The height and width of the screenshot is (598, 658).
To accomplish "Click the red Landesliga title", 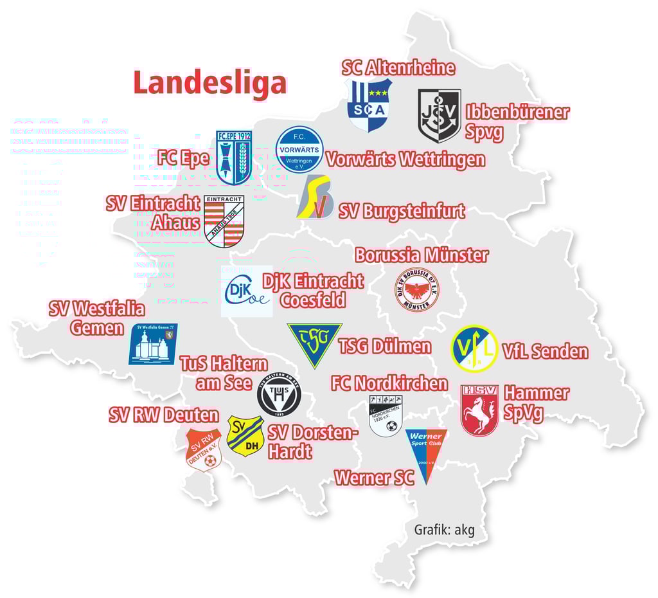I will tap(209, 83).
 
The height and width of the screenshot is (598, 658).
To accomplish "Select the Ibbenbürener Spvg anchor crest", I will tap(440, 116).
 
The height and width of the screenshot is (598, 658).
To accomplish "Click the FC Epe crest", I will tap(233, 158).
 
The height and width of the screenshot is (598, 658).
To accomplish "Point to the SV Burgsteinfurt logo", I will tap(316, 197).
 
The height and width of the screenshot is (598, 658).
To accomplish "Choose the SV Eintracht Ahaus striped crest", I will tap(224, 221).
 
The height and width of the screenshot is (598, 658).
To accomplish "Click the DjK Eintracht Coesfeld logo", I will tap(246, 291).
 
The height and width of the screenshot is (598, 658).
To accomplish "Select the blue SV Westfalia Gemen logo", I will tap(153, 344).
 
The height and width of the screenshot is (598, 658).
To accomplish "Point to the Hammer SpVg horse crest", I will tap(479, 410).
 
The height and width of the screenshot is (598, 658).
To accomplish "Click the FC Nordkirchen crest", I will tap(385, 415).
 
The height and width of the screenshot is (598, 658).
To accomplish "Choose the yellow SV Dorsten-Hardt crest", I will tap(245, 435).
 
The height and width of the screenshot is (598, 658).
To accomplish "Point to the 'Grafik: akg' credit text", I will tap(444, 530).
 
